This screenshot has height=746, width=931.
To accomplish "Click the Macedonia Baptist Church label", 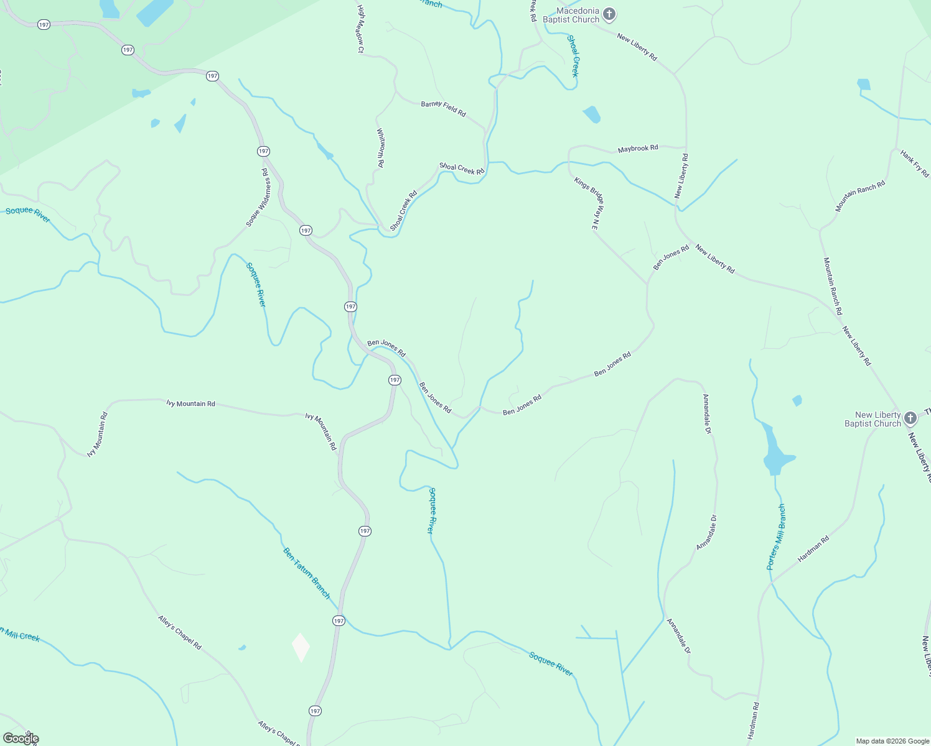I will click(x=570, y=16).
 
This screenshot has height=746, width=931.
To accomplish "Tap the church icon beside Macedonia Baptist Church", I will click(x=609, y=14).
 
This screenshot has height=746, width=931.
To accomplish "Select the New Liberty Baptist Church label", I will click(x=873, y=419).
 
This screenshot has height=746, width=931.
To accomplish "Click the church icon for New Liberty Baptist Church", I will click(x=910, y=418).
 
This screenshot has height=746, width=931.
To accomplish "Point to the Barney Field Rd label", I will click(x=443, y=108).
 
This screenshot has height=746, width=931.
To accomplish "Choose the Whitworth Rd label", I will click(x=381, y=148).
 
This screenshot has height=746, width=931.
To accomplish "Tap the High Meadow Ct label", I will click(x=360, y=29).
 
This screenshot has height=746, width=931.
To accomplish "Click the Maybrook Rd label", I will click(x=638, y=149).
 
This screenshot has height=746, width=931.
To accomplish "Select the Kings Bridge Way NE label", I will click(x=589, y=204).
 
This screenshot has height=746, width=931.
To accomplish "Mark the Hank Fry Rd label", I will click(x=914, y=163).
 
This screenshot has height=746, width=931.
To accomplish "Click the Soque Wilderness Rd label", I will click(x=258, y=197).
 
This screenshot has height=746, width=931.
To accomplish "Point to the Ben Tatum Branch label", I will click(x=307, y=573).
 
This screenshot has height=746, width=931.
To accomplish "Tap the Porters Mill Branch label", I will click(x=776, y=537).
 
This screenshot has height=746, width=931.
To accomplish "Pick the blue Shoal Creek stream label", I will click(x=573, y=56).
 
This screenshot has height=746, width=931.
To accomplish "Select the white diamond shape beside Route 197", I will click(x=301, y=647).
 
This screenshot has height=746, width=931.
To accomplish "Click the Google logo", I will click(x=21, y=739).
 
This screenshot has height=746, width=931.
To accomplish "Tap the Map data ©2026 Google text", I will click(x=892, y=741).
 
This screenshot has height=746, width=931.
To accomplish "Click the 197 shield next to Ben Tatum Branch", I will click(x=339, y=620).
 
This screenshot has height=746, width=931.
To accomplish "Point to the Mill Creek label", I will click(x=21, y=635).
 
